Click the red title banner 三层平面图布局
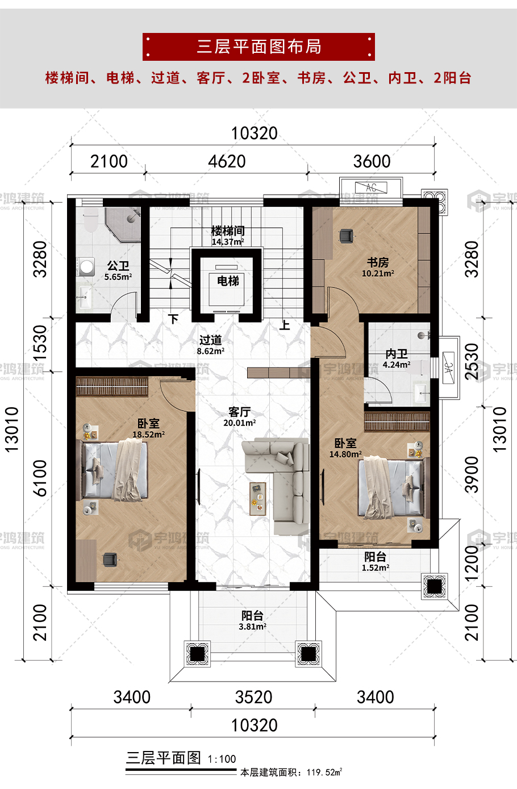[x=258, y=47]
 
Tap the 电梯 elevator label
[x=228, y=281]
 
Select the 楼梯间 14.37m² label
[x=228, y=236]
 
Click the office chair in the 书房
[x=346, y=236]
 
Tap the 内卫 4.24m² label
[x=397, y=358]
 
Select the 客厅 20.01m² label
[x=240, y=417]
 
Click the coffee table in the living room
[x=258, y=499]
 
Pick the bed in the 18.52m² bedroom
[x=112, y=470]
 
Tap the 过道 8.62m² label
[x=211, y=345]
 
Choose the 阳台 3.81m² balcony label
[x=252, y=620]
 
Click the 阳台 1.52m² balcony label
[x=376, y=561]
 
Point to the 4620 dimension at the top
[x=227, y=162]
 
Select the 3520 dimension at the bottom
[x=253, y=697]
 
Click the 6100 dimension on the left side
[x=40, y=478]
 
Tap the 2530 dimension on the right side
[x=472, y=362]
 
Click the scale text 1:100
[x=222, y=759]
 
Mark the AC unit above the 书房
[x=371, y=187]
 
